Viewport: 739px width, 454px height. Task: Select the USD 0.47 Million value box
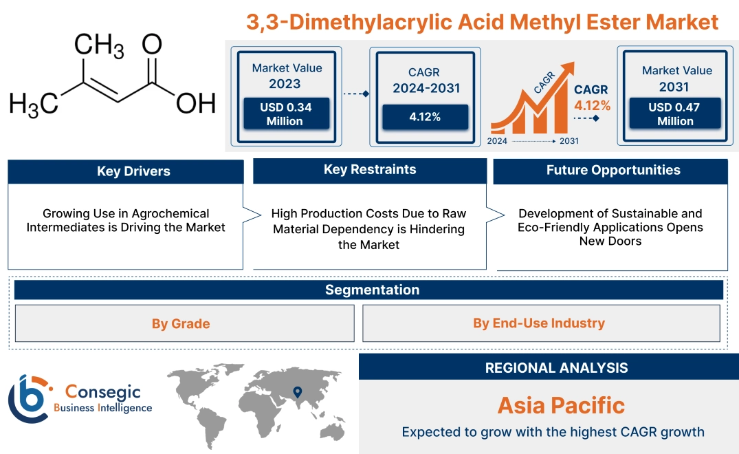pos(675,114)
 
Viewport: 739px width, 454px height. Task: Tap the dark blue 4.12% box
pos(425,117)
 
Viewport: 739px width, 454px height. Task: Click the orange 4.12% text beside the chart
pos(592,106)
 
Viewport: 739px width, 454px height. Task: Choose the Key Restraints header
pos(370,170)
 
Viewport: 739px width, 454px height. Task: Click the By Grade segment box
pos(181,323)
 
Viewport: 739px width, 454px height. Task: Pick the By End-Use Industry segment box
pos(539,323)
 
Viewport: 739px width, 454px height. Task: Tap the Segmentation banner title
pos(372,290)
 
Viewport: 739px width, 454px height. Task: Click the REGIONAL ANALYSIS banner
pos(556,368)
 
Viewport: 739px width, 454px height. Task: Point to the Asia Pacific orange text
pos(561,405)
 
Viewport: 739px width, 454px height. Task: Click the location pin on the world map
pos(298,393)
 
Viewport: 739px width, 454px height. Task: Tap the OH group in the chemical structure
pos(196,103)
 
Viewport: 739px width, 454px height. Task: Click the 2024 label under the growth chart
pos(498,141)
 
